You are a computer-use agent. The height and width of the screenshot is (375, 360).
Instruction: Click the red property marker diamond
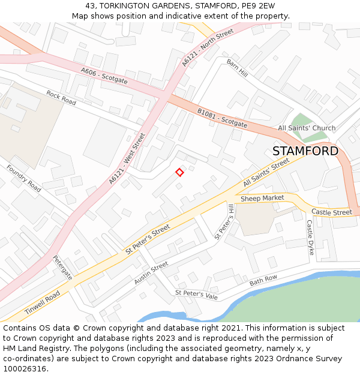coord(179,173)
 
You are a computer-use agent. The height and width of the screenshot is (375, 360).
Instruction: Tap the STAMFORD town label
coord(305,151)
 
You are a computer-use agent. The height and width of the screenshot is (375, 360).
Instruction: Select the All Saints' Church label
coord(307,128)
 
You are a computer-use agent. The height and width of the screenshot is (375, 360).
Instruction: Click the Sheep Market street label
coord(262,198)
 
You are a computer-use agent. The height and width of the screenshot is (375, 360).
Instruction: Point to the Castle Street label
coord(332,212)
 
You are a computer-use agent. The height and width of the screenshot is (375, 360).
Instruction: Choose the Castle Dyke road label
coord(310,238)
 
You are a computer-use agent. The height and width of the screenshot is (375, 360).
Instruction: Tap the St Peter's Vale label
coord(196,293)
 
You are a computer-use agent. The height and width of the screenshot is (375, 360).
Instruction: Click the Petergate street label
coord(62,268)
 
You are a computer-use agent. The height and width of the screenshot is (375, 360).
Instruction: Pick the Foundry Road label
coord(23,178)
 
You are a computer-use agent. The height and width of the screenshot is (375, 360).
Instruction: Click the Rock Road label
coord(61,98)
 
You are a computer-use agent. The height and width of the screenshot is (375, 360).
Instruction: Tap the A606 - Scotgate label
coord(104,75)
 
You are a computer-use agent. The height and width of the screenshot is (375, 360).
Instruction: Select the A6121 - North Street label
coord(208,48)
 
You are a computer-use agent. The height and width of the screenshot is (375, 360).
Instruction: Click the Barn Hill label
coord(237,68)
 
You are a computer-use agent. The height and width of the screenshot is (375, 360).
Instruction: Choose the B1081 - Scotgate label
coord(222,118)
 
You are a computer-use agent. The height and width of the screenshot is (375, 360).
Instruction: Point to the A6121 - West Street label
coord(127,159)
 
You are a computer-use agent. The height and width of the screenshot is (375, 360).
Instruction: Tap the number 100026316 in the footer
coord(24,368)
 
